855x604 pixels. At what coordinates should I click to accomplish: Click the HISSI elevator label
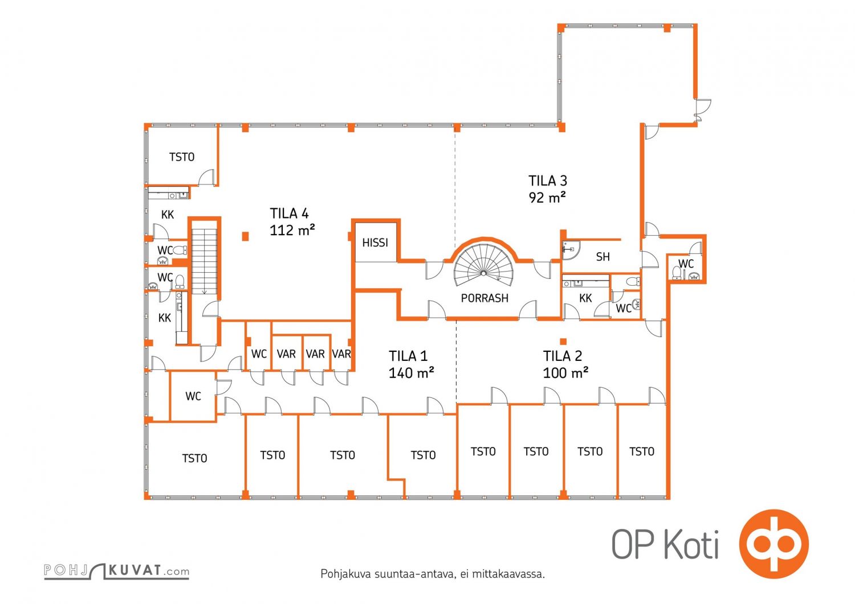[x=375, y=243]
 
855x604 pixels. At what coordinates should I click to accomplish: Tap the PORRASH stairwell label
[x=484, y=298]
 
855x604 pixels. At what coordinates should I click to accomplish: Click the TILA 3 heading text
[x=548, y=180]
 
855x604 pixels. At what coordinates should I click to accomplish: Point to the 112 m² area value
[x=292, y=231]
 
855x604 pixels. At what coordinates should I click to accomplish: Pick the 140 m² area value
[x=411, y=373]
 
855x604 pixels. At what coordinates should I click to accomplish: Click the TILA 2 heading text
[x=563, y=356]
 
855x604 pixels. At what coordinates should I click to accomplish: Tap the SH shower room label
[x=602, y=257]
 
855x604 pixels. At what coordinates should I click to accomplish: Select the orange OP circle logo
[x=773, y=543]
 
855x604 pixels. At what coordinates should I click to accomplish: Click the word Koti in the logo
[x=691, y=544]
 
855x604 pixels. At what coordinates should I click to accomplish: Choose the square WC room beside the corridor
[x=193, y=396]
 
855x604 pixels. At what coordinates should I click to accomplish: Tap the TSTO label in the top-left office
[x=182, y=157]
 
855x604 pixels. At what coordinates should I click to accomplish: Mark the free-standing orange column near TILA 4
[x=246, y=236]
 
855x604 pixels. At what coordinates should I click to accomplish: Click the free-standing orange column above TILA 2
[x=563, y=341]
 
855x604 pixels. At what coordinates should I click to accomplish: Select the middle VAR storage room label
[x=315, y=354]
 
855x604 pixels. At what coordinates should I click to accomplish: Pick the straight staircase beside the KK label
[x=204, y=261]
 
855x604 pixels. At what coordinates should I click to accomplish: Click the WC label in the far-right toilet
[x=686, y=264]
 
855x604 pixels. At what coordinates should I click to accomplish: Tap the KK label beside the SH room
[x=585, y=298]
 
